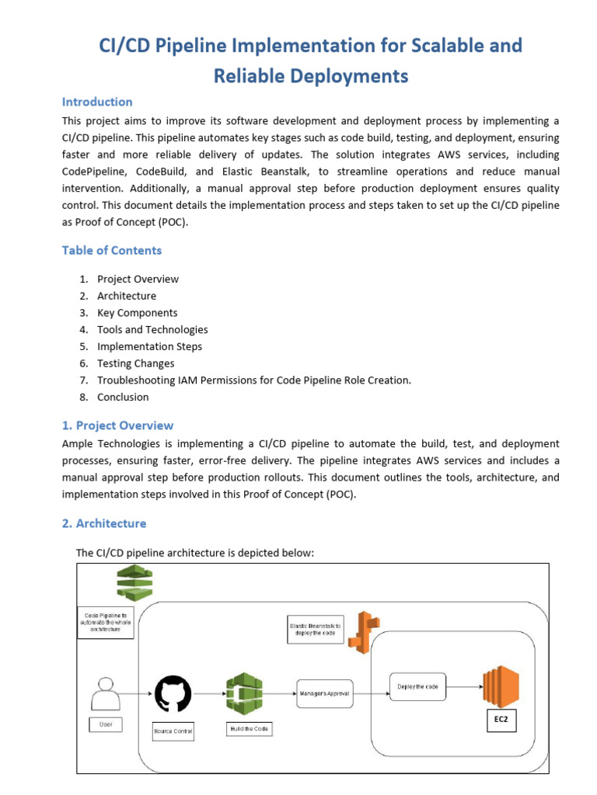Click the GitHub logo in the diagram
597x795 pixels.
pyautogui.click(x=173, y=693)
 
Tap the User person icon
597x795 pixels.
pyautogui.click(x=106, y=693)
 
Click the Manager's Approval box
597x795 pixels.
pyautogui.click(x=324, y=693)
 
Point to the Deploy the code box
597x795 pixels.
pyautogui.click(x=417, y=686)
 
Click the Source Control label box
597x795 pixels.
pyautogui.click(x=173, y=731)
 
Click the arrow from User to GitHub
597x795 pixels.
pyautogui.click(x=138, y=693)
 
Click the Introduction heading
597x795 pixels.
pyautogui.click(x=97, y=102)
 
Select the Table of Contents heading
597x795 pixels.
pyautogui.click(x=112, y=250)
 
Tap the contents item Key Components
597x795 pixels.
pyautogui.click(x=137, y=313)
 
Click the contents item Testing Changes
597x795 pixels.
pyautogui.click(x=135, y=363)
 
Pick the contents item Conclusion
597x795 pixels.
pyautogui.click(x=123, y=397)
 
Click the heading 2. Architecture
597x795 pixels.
pyautogui.click(x=103, y=523)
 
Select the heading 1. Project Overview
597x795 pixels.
pyautogui.click(x=117, y=425)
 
